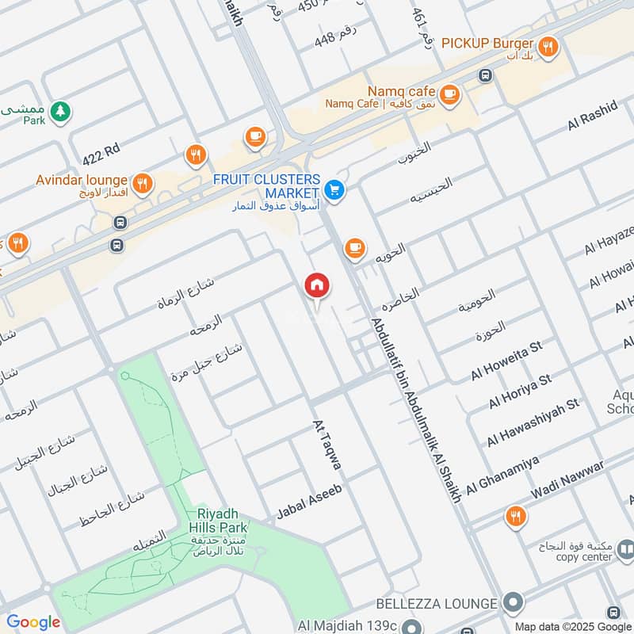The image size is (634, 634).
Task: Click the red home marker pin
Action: (x=317, y=285)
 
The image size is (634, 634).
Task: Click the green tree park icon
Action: (x=59, y=112)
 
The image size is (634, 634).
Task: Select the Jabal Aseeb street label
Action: (x=309, y=502)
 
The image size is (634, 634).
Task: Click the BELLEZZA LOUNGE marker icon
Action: (x=514, y=603)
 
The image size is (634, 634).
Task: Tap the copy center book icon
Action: (x=626, y=548)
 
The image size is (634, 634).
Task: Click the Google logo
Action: (x=33, y=622)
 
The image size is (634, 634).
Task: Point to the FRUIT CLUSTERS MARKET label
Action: (x=267, y=187)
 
